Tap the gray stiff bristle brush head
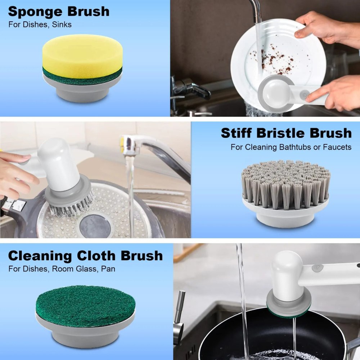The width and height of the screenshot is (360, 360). pyautogui.click(x=285, y=184)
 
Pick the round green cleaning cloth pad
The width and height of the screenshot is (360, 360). pyautogui.click(x=85, y=306)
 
